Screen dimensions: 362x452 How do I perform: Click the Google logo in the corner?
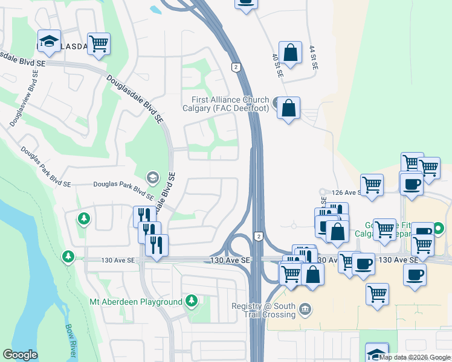click(x=21, y=355)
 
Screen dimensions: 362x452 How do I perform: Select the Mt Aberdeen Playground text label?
click(x=135, y=302)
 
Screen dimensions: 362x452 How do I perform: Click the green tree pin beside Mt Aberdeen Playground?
click(x=192, y=300)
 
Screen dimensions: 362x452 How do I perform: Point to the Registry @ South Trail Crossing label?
click(x=263, y=310)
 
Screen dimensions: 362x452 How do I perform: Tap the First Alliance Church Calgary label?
click(x=230, y=104)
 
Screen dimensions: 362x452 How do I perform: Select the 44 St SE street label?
click(x=312, y=58)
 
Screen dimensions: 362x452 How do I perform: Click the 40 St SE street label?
click(x=277, y=65)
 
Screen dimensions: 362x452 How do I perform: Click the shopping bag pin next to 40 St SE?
click(x=291, y=52)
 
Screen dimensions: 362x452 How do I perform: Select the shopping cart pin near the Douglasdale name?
click(x=98, y=43)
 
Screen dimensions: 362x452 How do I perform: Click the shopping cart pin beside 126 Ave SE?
click(x=372, y=185)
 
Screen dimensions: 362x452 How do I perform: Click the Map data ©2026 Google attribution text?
click(x=415, y=357)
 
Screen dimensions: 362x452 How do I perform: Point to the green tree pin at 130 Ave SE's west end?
click(x=68, y=258)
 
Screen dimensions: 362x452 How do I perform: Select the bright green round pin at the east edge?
click(x=439, y=229)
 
